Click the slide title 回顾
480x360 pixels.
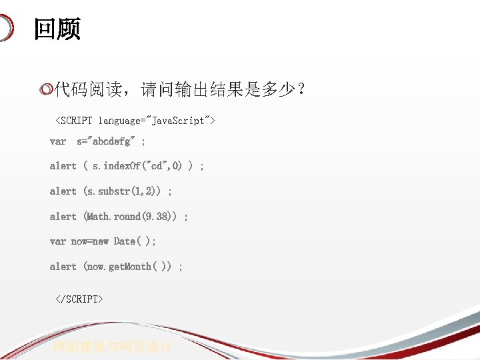57,29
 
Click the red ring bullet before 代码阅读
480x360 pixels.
46,89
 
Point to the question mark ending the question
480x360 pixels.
302,89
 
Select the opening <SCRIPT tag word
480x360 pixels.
75,121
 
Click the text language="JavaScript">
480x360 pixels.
157,121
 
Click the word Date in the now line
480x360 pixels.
125,241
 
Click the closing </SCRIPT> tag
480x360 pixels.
79,299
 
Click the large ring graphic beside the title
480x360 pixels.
5,28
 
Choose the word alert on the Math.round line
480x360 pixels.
63,217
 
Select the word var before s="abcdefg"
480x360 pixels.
58,141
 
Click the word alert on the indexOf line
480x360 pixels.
63,166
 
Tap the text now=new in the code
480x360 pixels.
90,241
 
